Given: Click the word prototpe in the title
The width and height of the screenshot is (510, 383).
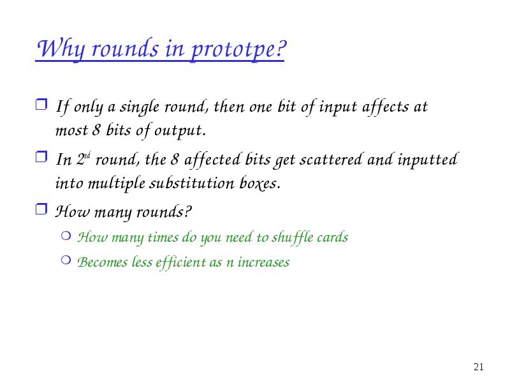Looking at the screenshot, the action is click(237, 49).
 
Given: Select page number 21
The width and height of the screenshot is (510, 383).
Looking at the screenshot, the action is click(479, 366).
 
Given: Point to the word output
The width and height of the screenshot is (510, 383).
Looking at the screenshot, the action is click(180, 131).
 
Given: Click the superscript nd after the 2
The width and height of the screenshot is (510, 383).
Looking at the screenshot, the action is click(87, 155).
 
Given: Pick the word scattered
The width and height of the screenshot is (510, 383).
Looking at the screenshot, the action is click(331, 160).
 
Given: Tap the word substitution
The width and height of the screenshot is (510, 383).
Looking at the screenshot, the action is click(192, 183).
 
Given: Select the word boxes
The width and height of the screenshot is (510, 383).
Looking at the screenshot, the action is click(260, 183).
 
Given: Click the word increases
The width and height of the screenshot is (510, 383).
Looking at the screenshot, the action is click(263, 262).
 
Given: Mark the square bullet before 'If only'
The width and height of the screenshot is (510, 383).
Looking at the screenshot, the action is click(41, 105).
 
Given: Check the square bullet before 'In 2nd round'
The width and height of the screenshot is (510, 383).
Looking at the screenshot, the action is click(41, 156).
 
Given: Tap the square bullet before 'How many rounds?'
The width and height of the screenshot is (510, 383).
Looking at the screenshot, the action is click(41, 209).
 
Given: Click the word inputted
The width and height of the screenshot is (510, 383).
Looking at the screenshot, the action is click(428, 160).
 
